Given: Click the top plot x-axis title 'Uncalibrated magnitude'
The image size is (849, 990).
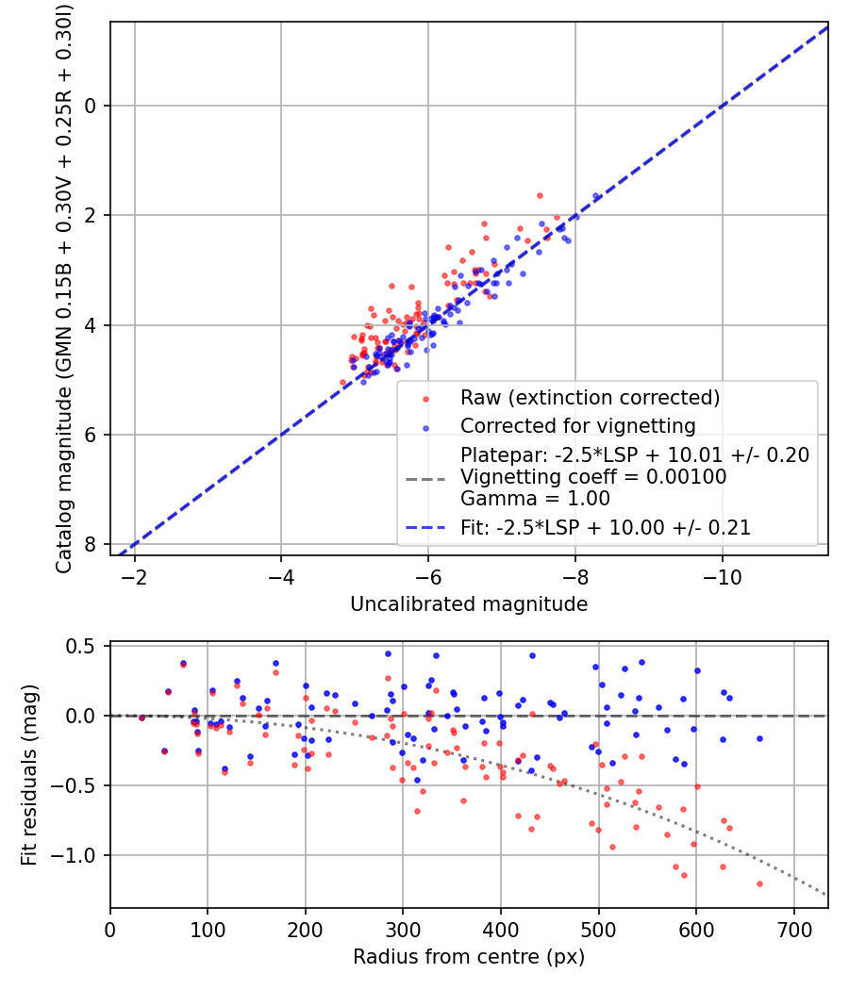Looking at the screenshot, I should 469,603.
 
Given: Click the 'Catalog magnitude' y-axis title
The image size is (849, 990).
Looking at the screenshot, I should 64,288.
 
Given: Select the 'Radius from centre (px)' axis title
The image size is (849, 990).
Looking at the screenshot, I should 469,957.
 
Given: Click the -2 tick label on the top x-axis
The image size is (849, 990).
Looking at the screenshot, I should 135,576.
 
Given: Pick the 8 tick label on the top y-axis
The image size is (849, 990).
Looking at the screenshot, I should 92,544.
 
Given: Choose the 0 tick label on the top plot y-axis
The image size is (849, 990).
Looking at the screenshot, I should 92,106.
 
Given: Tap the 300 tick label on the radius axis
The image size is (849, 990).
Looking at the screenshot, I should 403,929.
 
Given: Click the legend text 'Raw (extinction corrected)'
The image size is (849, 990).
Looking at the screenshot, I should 590,398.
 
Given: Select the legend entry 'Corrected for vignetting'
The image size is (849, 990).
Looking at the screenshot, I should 577,425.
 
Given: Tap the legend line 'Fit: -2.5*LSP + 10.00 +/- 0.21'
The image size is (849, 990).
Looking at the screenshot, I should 605,528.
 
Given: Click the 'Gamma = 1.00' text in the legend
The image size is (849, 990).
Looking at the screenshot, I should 535,499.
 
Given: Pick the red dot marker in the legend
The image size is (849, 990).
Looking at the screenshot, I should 427,398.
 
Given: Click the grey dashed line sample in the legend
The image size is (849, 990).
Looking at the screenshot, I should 427,478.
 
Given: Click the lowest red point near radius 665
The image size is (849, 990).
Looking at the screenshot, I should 759,883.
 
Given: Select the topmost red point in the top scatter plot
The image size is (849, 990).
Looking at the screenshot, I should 540,195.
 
